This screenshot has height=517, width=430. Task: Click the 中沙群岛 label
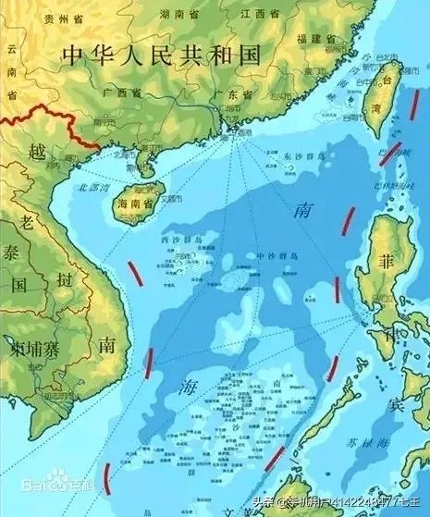(x=275, y=254)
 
